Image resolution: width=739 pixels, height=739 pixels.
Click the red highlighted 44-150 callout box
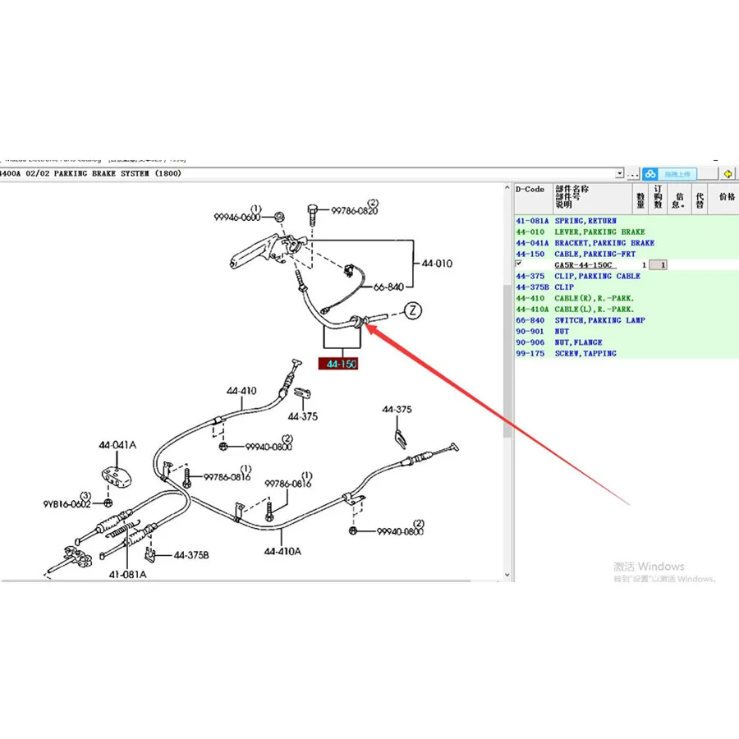[x=339, y=364]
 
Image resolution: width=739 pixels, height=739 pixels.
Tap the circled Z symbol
[x=412, y=310]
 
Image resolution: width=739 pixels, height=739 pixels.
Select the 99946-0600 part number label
[x=236, y=218]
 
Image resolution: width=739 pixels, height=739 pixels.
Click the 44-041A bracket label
[x=117, y=445]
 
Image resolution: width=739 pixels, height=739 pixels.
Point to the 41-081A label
[x=127, y=574]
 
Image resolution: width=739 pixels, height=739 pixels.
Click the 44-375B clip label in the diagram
[x=190, y=555]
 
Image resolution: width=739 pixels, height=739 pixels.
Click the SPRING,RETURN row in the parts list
[x=585, y=221]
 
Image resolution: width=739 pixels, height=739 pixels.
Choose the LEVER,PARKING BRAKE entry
[x=599, y=232]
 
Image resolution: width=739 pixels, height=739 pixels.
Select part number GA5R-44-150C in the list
[x=584, y=265]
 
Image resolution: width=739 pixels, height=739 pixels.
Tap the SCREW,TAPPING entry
[x=585, y=353]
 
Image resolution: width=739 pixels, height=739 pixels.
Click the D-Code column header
[x=530, y=190]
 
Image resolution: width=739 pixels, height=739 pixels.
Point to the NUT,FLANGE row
[x=578, y=342]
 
